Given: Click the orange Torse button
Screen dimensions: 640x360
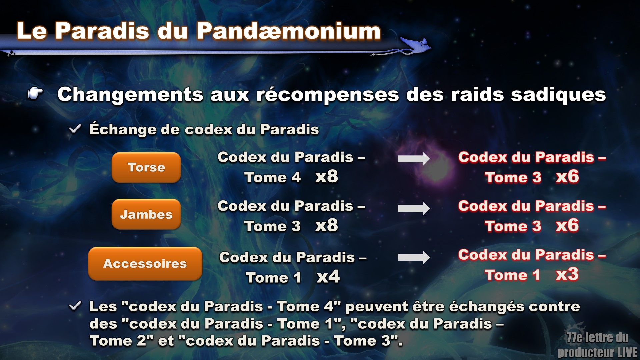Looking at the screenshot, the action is click(x=146, y=167).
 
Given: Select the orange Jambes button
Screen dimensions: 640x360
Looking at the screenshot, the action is click(x=146, y=214).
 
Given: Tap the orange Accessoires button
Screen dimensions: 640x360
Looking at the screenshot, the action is click(x=145, y=263).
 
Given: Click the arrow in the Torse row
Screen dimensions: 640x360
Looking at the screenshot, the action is click(x=414, y=159).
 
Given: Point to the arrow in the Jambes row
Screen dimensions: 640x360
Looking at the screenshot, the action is click(x=414, y=208).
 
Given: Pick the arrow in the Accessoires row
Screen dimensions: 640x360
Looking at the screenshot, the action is click(x=414, y=257).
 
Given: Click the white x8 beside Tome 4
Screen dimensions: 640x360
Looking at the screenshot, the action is click(x=327, y=177).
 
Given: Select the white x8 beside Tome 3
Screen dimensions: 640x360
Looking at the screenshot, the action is click(x=327, y=226).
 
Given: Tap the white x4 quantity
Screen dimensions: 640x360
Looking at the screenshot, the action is click(x=328, y=277).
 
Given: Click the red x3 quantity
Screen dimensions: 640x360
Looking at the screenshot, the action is click(x=567, y=274).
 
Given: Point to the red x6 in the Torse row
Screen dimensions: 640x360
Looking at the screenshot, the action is click(x=567, y=177).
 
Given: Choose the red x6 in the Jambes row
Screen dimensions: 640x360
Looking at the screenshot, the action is click(x=567, y=226).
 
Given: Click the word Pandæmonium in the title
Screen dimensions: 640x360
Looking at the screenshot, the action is click(x=289, y=31).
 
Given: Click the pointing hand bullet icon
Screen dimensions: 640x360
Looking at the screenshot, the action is click(x=35, y=94).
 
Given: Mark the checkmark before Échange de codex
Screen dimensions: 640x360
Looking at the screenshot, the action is click(x=75, y=129).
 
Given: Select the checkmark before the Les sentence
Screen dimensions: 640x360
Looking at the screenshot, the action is click(x=75, y=306).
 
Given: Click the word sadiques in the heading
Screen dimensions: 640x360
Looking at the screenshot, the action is click(x=558, y=95).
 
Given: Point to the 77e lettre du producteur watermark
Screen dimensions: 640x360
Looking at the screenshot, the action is click(x=597, y=345).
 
